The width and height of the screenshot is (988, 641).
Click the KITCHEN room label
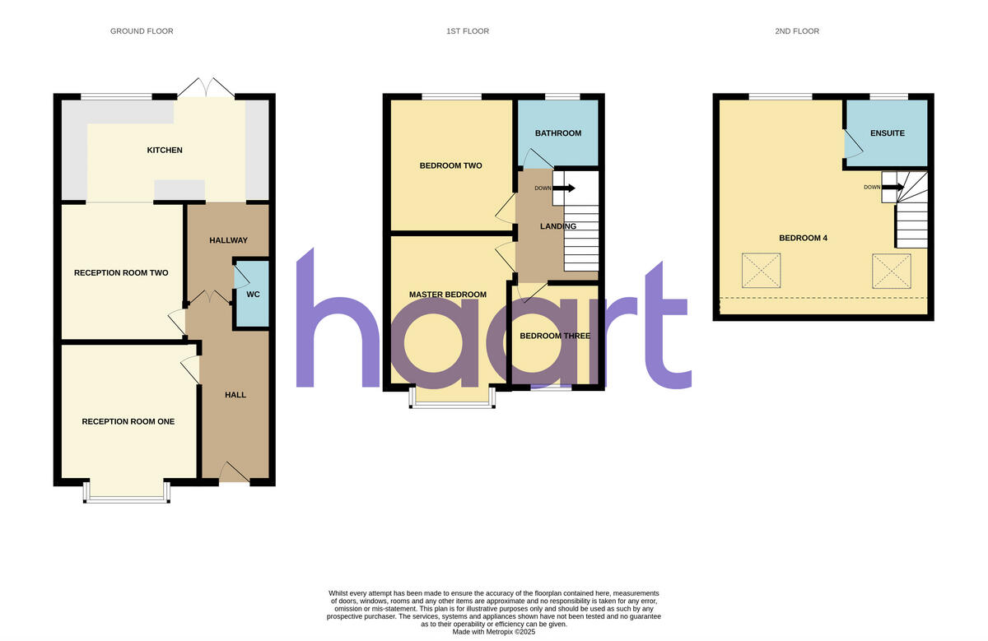[x=165, y=151]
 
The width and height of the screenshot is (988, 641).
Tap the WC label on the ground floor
[x=254, y=295]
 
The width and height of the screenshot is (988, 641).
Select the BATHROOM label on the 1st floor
[x=558, y=133]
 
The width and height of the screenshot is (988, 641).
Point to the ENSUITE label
[x=888, y=133]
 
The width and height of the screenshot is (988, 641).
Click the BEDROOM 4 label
[x=804, y=238]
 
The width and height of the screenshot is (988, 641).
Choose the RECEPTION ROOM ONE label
[x=128, y=421]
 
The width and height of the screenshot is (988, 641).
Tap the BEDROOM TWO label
[x=451, y=165]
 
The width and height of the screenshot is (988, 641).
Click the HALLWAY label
[x=229, y=240]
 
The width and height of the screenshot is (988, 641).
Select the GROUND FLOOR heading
[x=142, y=31]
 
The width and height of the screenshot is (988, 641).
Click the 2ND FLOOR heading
[x=797, y=31]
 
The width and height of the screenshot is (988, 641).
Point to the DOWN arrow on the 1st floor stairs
[x=564, y=188]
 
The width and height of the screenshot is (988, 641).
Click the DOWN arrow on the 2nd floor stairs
[x=892, y=188]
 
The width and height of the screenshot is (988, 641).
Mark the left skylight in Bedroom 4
[x=762, y=271]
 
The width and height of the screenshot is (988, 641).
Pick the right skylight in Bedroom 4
[x=892, y=271]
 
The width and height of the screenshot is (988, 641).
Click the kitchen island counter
[x=179, y=189]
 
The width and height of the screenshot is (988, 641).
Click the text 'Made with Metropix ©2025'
[x=493, y=632]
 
